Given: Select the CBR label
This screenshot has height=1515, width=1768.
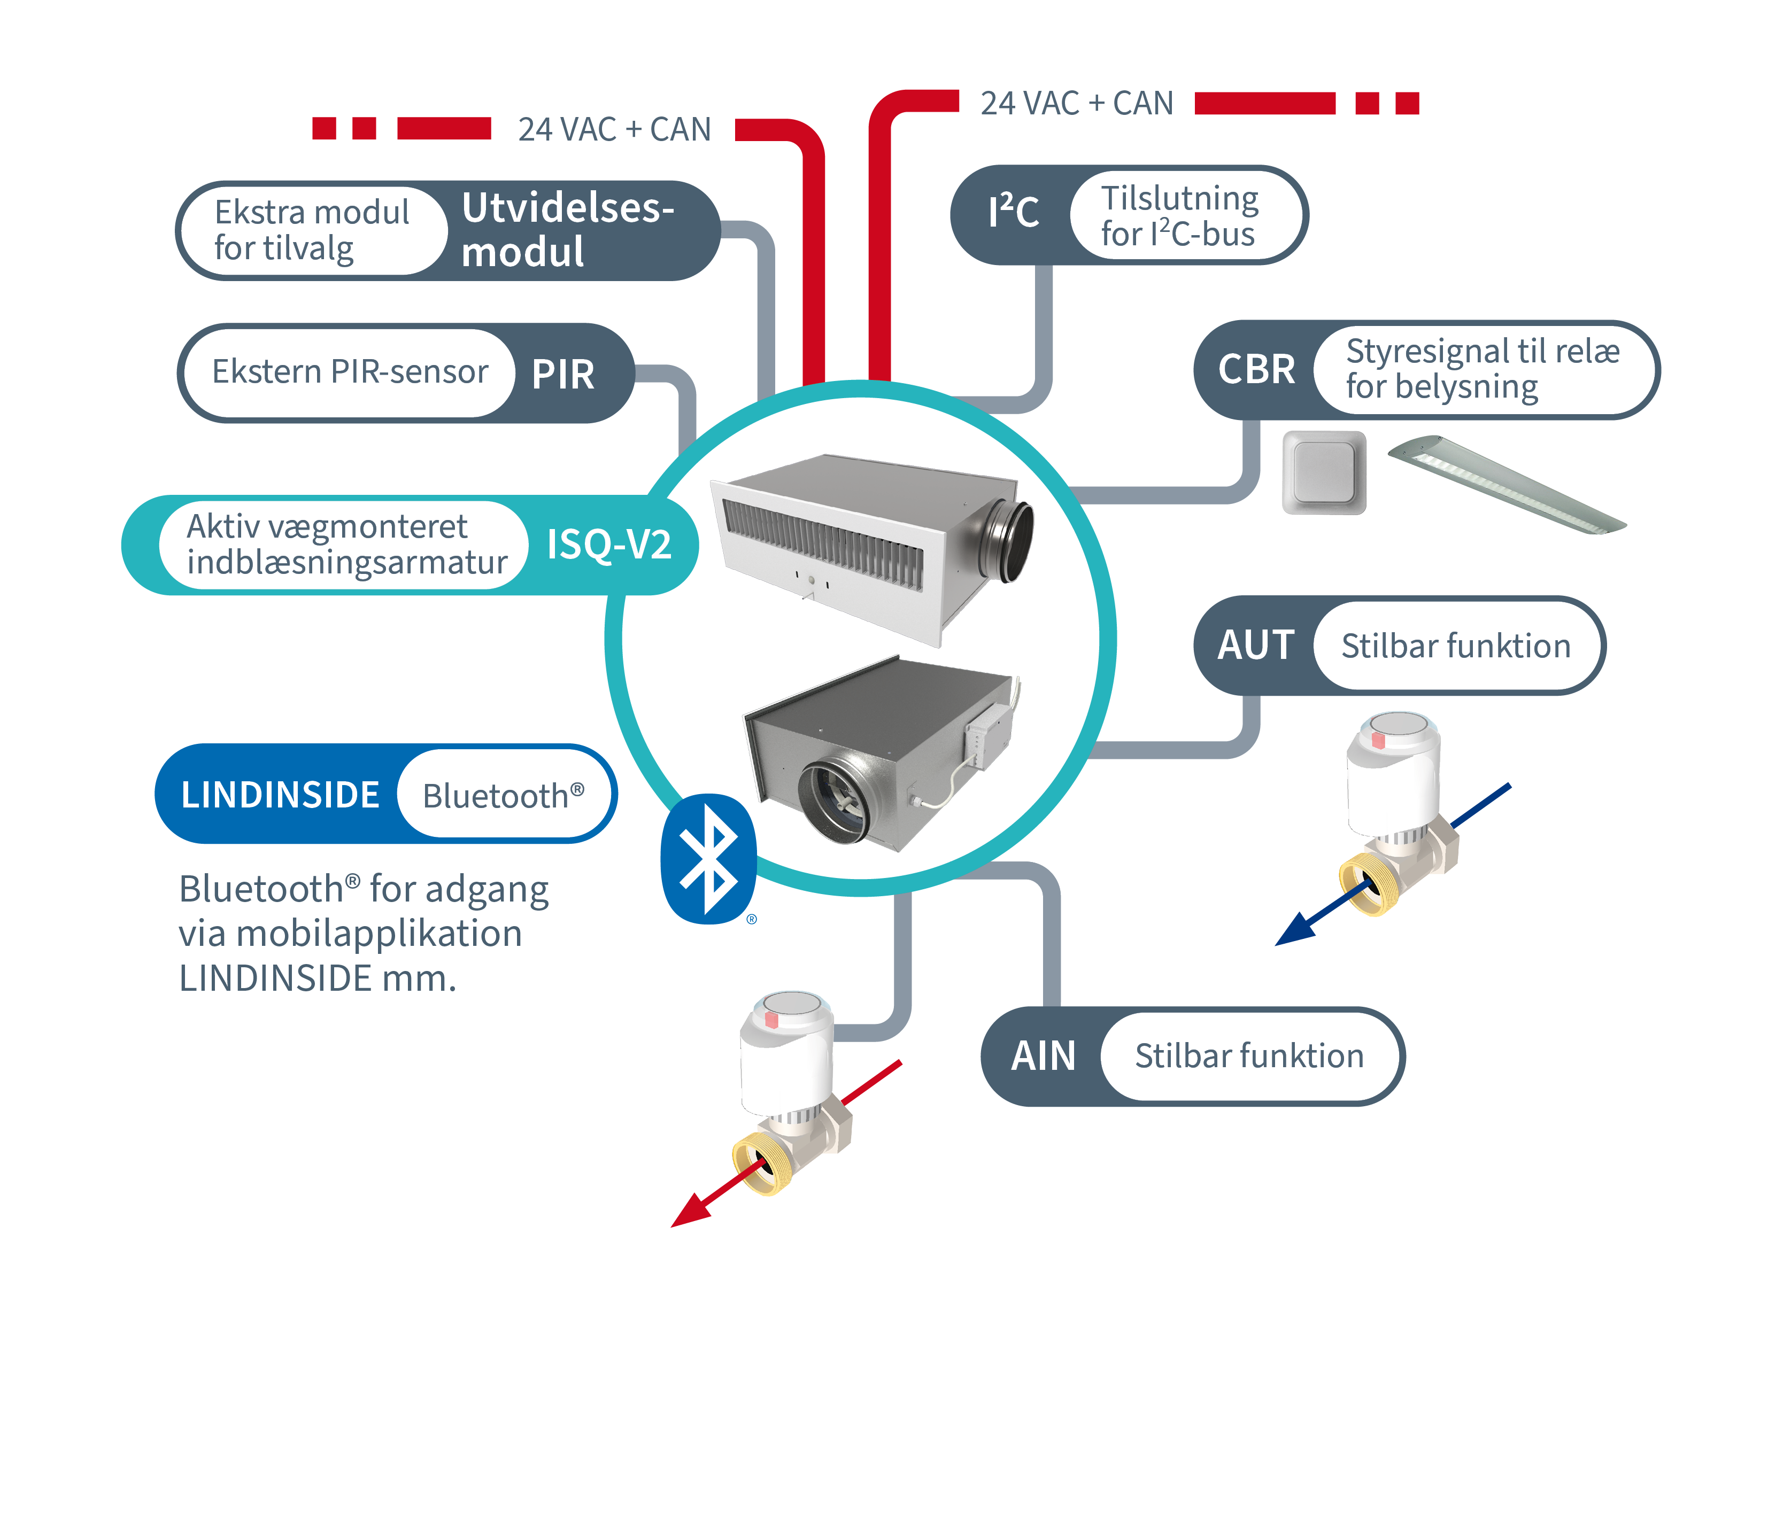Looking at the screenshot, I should click(1256, 369).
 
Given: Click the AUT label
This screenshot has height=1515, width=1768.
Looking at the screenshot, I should click(1255, 646).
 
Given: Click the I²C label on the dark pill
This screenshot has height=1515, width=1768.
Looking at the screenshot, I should click(1013, 213).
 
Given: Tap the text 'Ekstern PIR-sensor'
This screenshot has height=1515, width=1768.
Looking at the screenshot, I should click(350, 372).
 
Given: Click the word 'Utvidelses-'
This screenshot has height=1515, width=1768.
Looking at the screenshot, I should click(567, 208).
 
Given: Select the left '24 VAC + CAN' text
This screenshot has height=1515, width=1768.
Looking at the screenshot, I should click(614, 130).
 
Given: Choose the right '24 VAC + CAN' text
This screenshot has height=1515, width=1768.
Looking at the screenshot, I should click(1077, 103).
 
